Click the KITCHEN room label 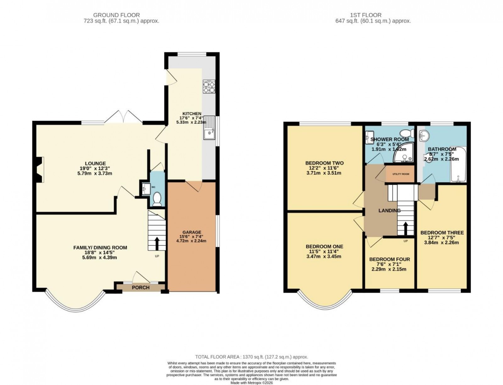pos(192,114)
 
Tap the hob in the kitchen pos(208,87)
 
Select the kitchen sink pos(209,132)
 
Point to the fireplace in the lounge pos(39,170)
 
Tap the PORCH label pos(141,287)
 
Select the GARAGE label pos(192,232)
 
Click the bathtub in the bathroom pos(459,166)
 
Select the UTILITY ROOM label pos(400,174)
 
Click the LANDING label pos(389,211)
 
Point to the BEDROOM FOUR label pos(389,259)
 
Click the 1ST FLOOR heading pos(366,15)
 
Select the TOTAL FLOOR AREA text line pos(251,357)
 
